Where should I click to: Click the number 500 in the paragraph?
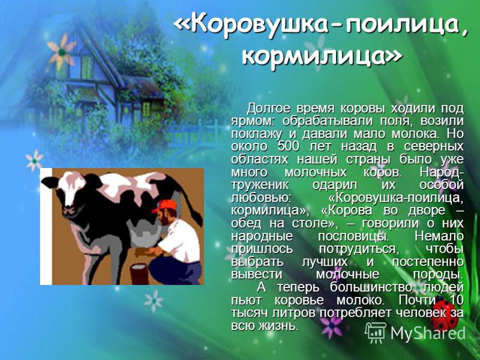coord(288,146)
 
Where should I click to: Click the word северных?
coord(433,146)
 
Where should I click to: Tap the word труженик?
coord(260,185)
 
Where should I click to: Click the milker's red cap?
coord(166,205)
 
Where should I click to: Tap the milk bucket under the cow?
coord(139,274)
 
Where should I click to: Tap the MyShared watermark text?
coord(428,333)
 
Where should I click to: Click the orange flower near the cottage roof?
coord(62,51)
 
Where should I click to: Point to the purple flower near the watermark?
coord(331,325)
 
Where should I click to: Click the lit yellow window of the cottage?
coord(146,109)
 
